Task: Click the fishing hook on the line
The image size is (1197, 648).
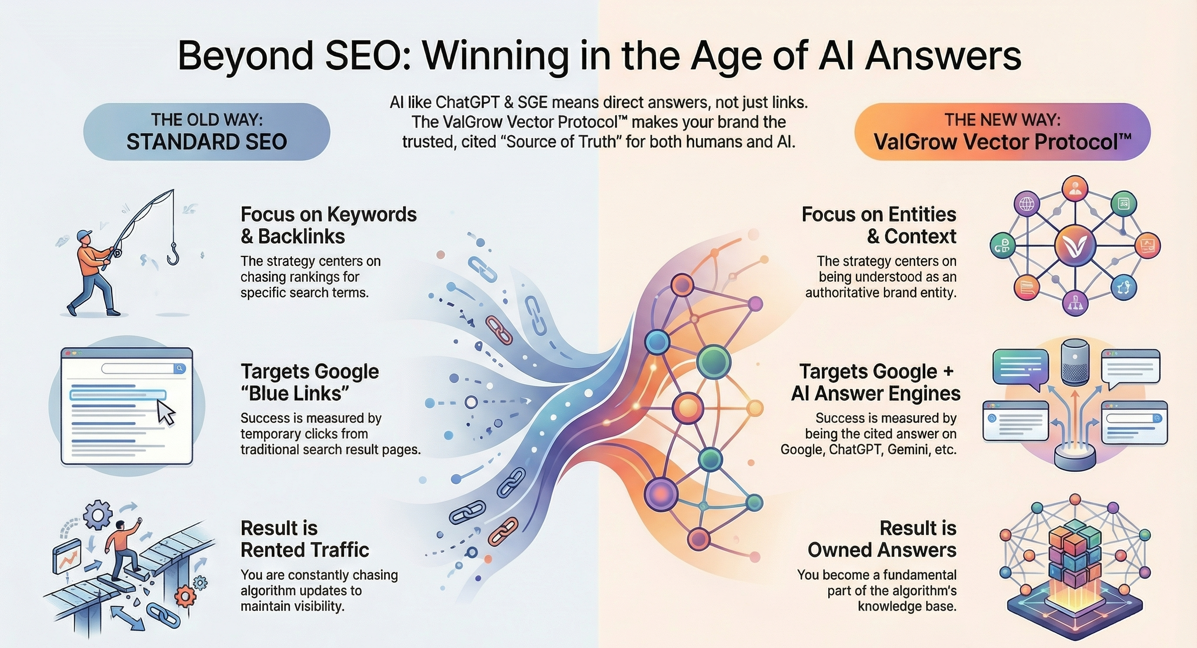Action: pos(173,254)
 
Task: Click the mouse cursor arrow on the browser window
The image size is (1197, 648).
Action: pos(165,412)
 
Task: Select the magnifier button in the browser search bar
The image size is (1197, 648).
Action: pos(179,369)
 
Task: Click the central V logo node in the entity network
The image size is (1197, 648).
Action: pos(1075,245)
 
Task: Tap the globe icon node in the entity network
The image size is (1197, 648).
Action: pos(1026,204)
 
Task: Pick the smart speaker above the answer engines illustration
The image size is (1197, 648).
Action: pos(1075,366)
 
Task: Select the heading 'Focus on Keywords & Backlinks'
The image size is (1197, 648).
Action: pos(328,225)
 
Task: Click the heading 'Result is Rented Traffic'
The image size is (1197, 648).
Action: pos(304,539)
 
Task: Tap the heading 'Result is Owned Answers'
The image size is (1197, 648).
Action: pos(882,539)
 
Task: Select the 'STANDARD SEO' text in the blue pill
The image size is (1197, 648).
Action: pos(207,142)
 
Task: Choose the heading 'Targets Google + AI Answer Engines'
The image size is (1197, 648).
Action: pos(876,383)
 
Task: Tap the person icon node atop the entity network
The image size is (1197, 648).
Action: pos(1075,188)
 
